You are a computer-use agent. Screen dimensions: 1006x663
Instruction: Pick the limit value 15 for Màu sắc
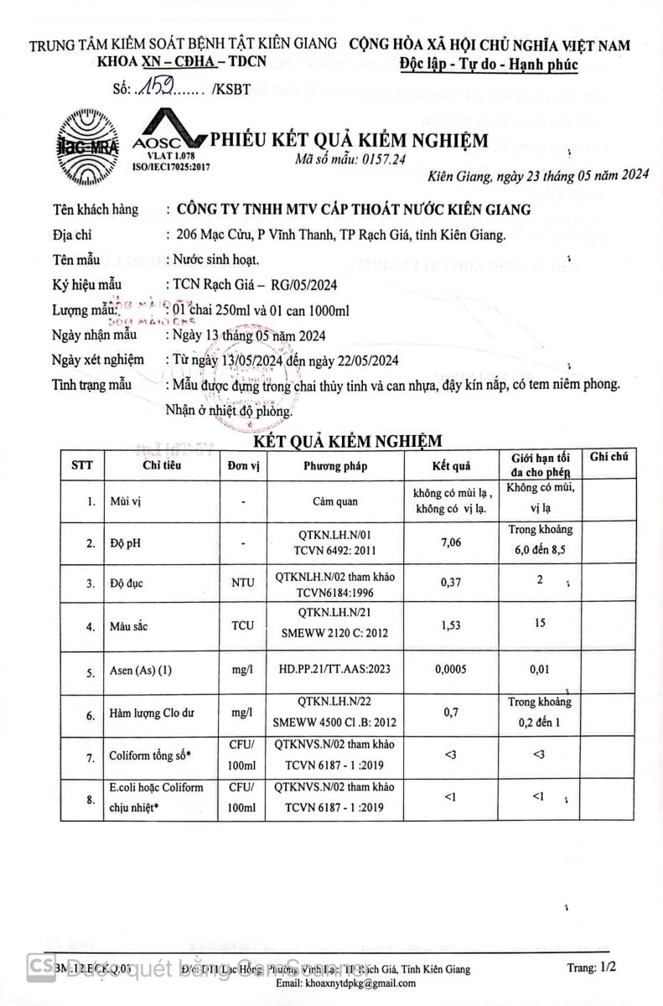541,624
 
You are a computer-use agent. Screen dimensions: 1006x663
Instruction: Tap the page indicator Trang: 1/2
592,967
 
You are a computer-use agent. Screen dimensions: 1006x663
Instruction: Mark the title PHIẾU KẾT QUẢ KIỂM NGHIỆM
349,140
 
